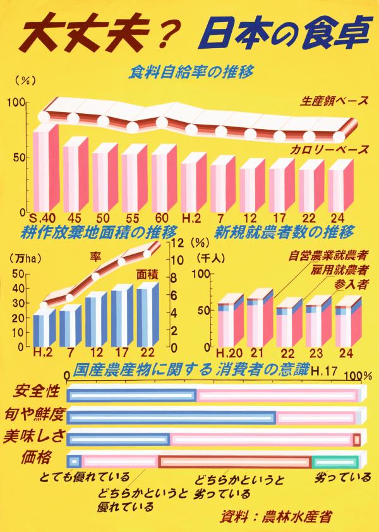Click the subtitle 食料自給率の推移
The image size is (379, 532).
click(191, 72)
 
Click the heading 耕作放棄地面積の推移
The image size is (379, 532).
click(99, 230)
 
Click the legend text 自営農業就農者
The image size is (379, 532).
click(328, 257)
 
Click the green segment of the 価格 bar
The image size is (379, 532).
click(335, 462)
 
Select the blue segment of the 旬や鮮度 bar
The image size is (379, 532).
click(171, 418)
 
